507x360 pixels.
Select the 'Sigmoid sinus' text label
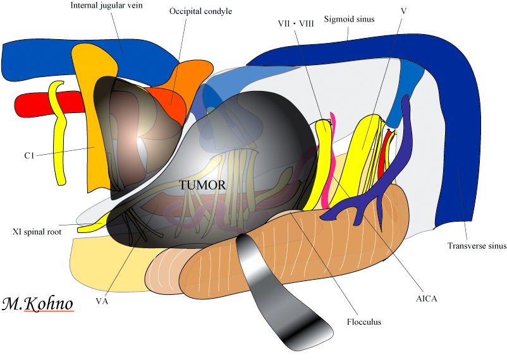[x=350, y=19]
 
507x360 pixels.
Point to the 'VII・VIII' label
[x=296, y=23]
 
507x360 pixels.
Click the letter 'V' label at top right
[x=403, y=11]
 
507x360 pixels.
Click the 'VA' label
[x=102, y=301]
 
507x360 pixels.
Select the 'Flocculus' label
[x=363, y=321]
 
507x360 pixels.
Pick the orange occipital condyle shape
[x=183, y=88]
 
